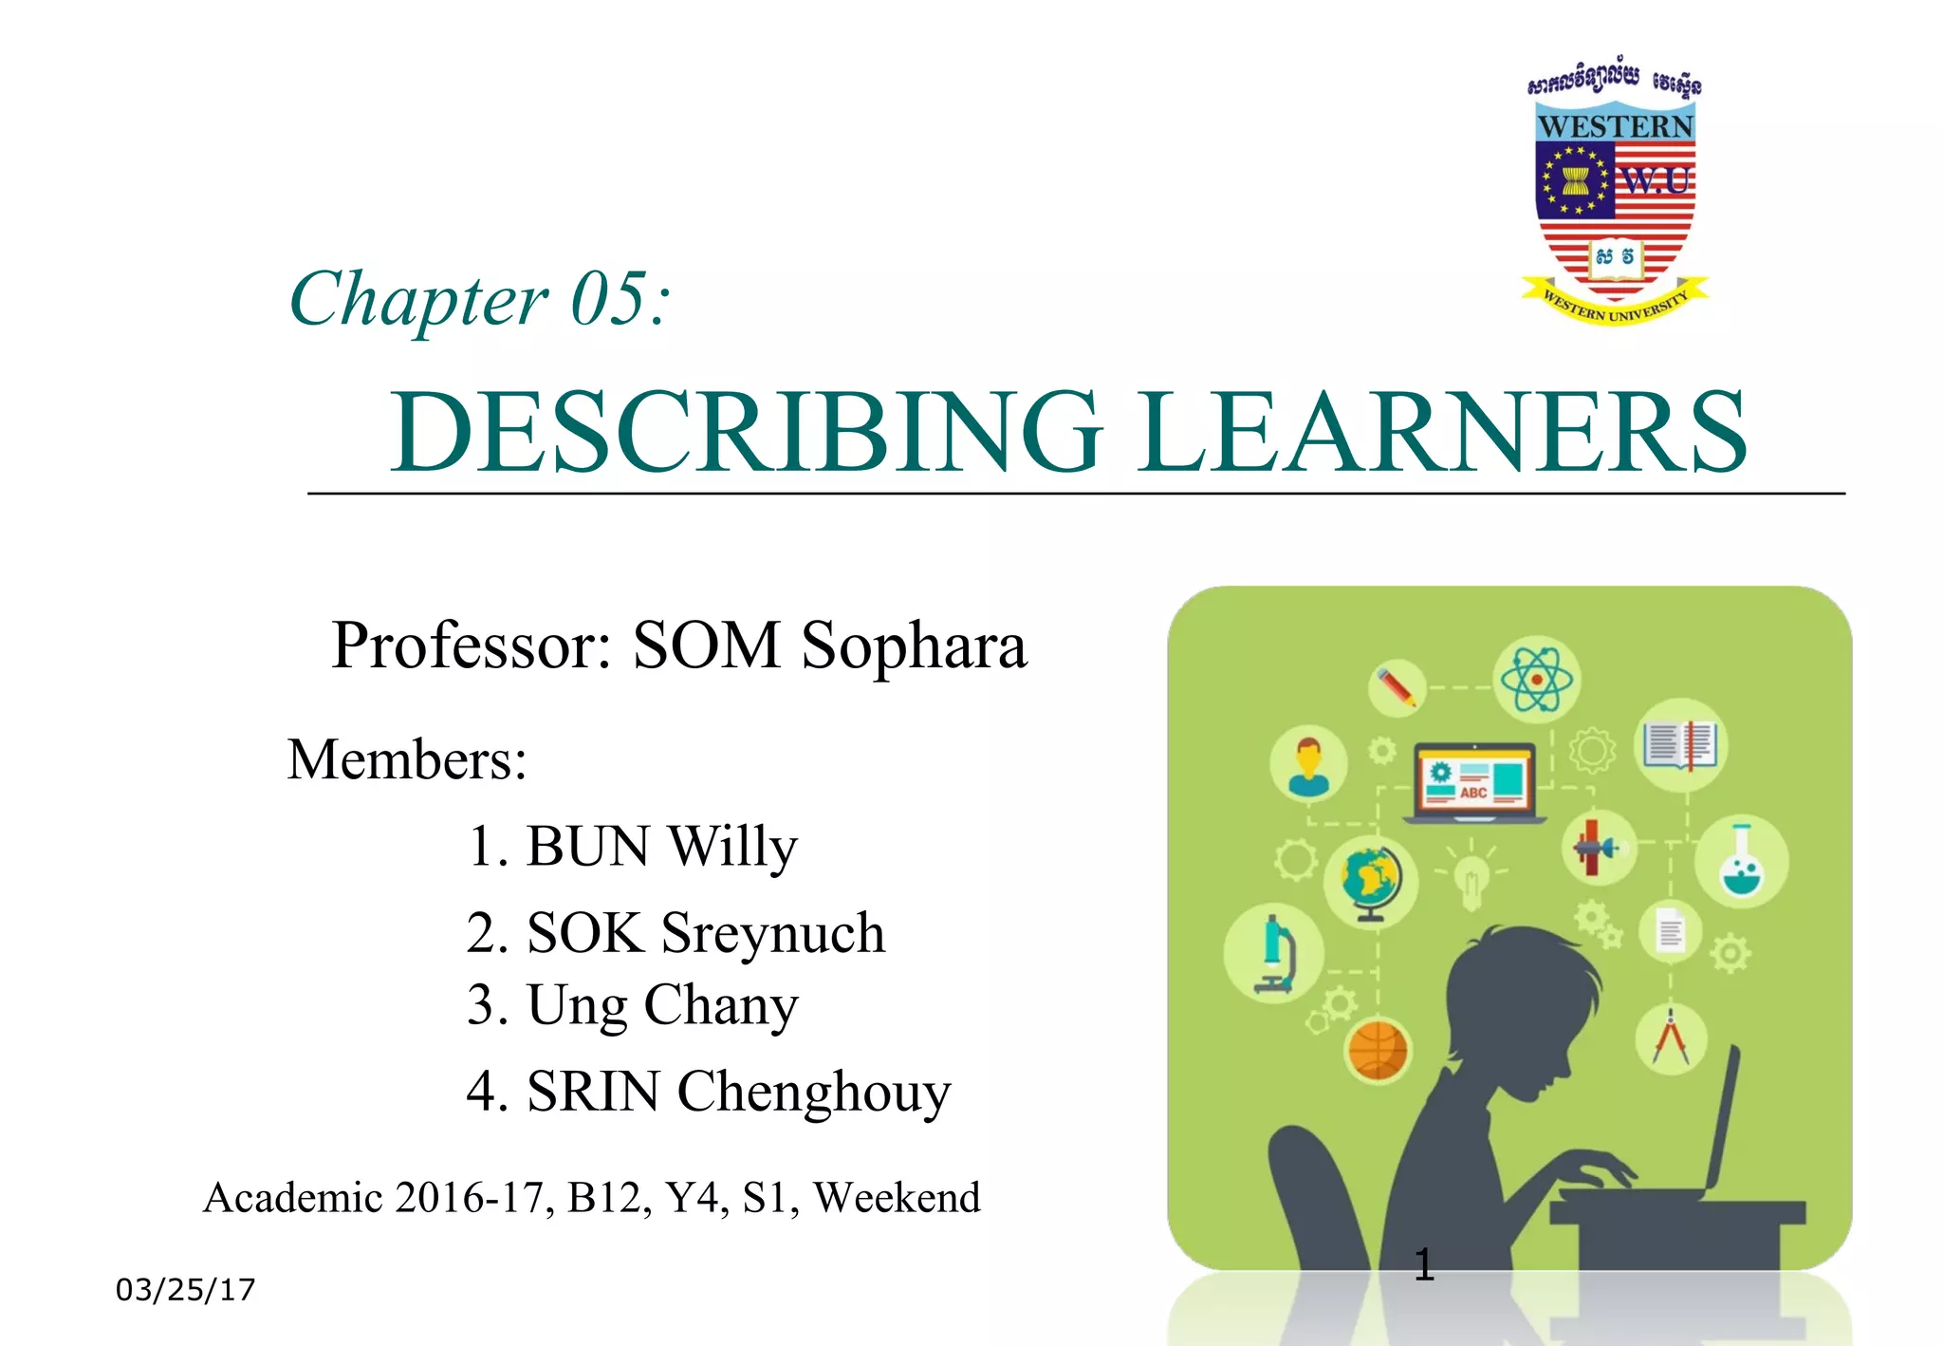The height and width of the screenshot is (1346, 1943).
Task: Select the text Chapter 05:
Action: (x=480, y=300)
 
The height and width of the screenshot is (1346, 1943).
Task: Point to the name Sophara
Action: (x=914, y=646)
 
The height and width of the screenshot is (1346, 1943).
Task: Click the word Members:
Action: (x=407, y=760)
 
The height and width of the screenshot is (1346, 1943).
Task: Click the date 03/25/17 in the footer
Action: (x=186, y=1290)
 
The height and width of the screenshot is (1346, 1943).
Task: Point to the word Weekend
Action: (x=897, y=1198)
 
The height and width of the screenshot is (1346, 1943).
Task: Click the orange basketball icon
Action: (x=1378, y=1051)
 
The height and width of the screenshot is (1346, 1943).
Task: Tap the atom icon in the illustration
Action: (x=1536, y=680)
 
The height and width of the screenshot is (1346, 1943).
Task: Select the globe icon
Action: (x=1371, y=880)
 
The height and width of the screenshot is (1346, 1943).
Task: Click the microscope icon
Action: (x=1273, y=953)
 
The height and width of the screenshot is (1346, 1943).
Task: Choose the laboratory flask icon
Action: (x=1741, y=861)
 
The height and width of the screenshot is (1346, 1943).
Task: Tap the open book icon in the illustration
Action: (x=1685, y=744)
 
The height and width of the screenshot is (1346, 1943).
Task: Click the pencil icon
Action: (x=1397, y=686)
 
